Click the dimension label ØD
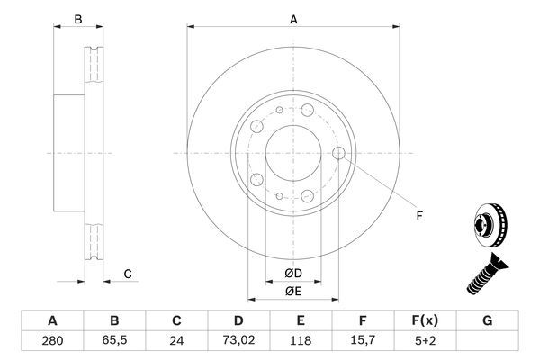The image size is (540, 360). tap(293, 274)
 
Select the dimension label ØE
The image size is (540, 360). tap(293, 291)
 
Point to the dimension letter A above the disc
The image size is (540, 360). tap(293, 18)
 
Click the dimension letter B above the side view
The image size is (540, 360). tap(78, 18)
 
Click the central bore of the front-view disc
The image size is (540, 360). tap(293, 150)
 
